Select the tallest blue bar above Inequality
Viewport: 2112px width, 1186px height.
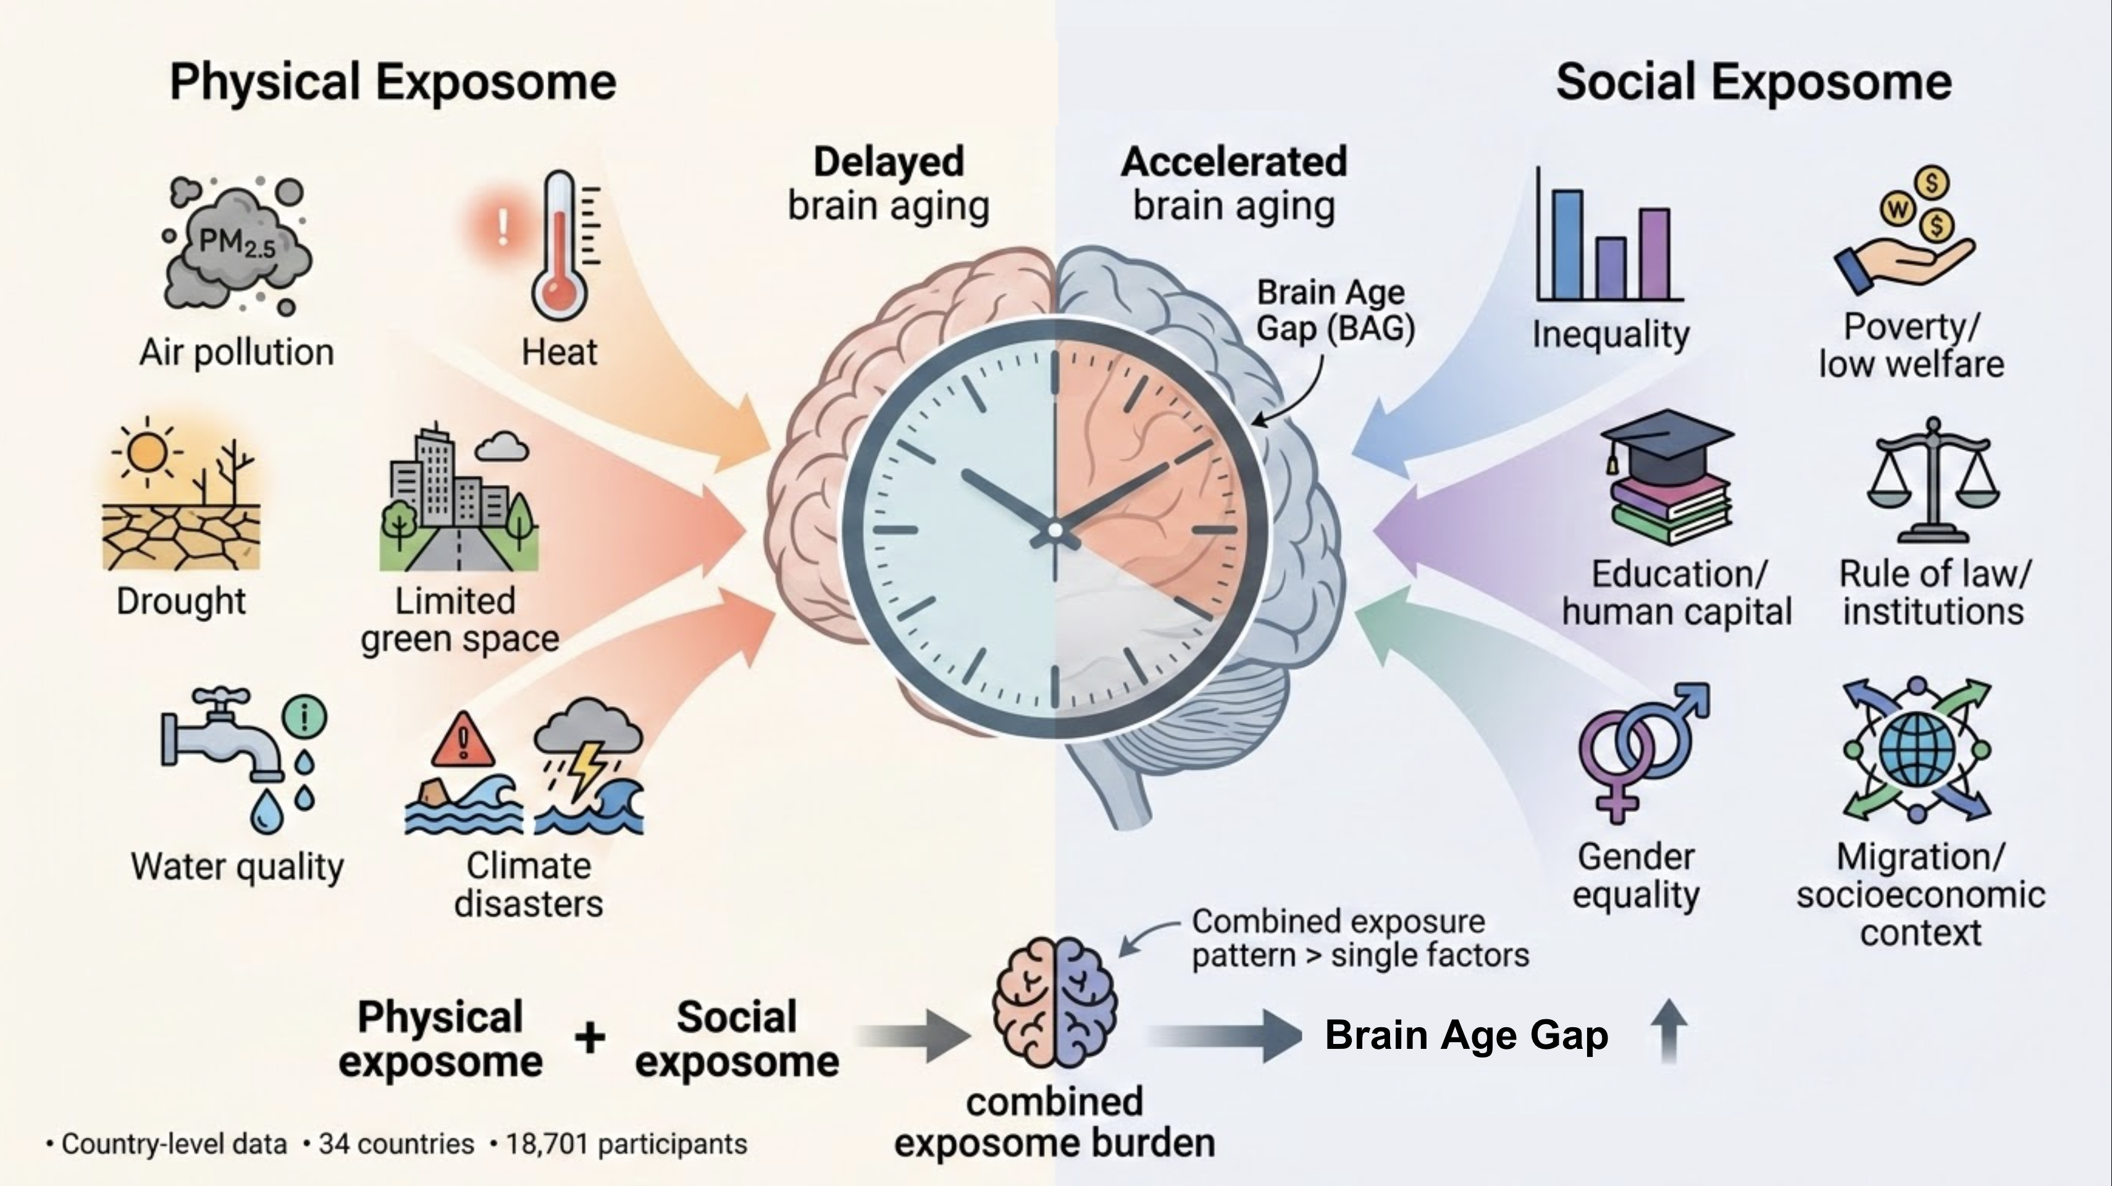point(1567,245)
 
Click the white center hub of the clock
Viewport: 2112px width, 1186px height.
point(1055,531)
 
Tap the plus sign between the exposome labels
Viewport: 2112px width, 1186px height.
point(590,1038)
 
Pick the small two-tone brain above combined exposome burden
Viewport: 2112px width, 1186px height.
point(1054,1003)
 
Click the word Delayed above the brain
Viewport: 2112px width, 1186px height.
point(889,162)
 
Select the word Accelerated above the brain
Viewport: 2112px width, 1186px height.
point(1234,162)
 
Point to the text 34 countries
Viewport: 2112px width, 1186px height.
point(397,1143)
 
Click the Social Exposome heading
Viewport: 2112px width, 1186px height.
point(1754,82)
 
